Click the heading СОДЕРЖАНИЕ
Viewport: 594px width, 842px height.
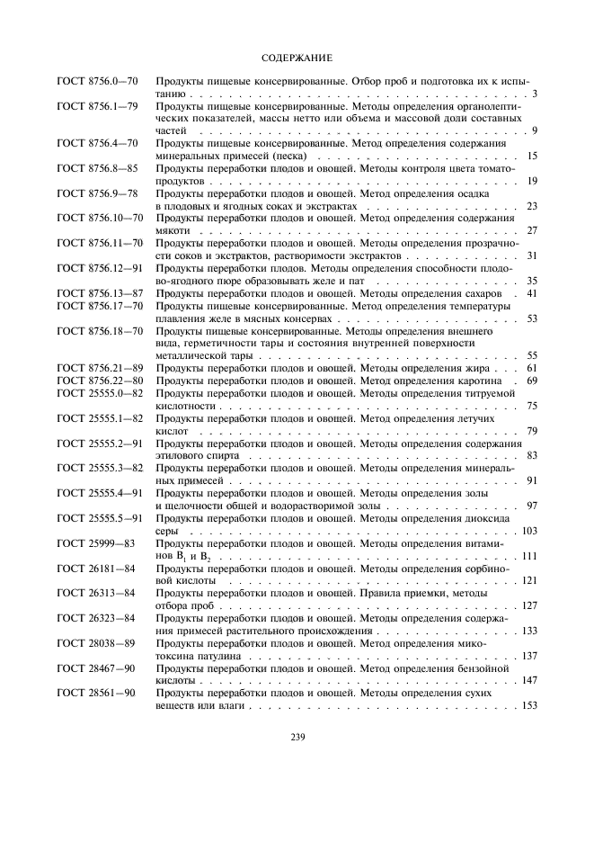297,58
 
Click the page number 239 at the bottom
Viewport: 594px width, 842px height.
297,739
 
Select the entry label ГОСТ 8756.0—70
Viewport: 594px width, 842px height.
97,81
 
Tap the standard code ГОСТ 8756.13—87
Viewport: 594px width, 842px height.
100,293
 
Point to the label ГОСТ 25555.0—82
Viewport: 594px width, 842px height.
100,393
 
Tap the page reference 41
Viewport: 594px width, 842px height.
531,293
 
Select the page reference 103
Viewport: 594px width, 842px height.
528,531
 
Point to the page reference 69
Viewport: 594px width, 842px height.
531,381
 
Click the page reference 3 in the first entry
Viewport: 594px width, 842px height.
534,94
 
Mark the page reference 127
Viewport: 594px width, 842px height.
528,606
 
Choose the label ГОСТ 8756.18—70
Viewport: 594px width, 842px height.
100,330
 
